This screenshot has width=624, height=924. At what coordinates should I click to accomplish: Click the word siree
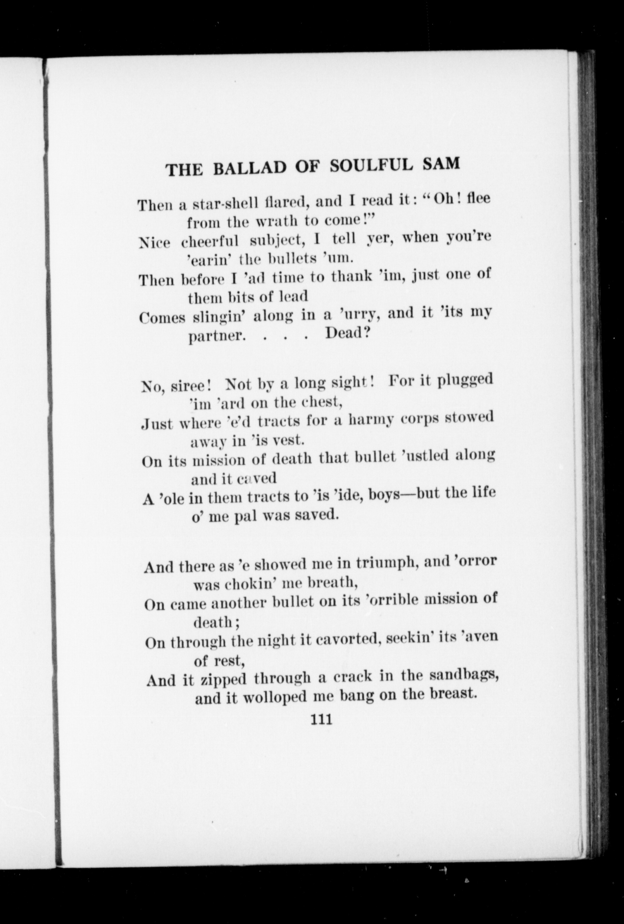191,386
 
